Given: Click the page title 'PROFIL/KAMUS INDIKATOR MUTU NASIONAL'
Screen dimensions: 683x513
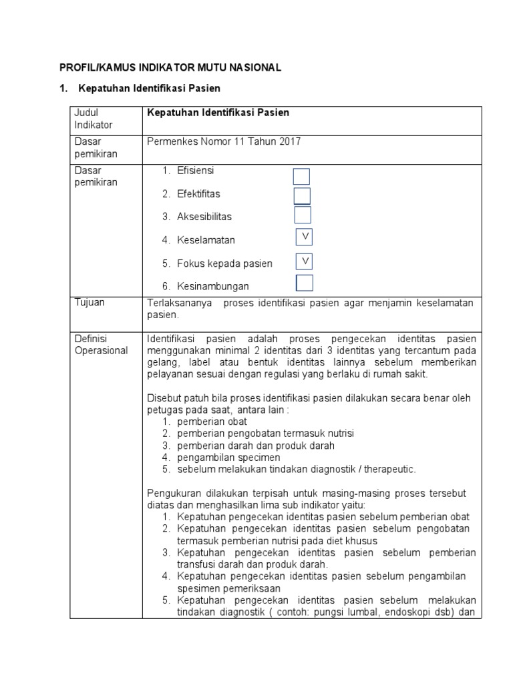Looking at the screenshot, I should (x=171, y=67).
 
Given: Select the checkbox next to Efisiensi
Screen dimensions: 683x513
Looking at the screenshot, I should (x=302, y=176).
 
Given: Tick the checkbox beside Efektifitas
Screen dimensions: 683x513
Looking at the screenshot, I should (x=302, y=195).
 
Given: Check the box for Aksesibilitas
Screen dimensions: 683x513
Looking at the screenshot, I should (x=303, y=215).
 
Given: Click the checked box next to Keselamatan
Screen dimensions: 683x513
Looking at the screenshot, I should (x=305, y=237).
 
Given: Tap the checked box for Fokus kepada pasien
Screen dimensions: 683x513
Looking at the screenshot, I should (x=305, y=259).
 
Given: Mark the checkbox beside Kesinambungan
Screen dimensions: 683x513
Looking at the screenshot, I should (x=305, y=283).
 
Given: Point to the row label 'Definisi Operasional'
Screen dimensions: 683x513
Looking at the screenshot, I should (x=101, y=345).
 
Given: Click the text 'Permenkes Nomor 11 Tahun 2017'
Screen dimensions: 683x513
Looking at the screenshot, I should (x=223, y=141).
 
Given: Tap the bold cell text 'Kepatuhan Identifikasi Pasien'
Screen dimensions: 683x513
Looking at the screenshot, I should (x=218, y=113).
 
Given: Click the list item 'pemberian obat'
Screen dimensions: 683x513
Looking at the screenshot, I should (x=212, y=422).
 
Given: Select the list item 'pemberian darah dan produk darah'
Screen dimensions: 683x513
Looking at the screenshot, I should (x=255, y=446).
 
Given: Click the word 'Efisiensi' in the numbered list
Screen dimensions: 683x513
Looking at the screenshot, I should (x=196, y=171).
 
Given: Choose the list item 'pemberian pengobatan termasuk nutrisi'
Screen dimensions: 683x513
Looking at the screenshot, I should (x=265, y=434).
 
